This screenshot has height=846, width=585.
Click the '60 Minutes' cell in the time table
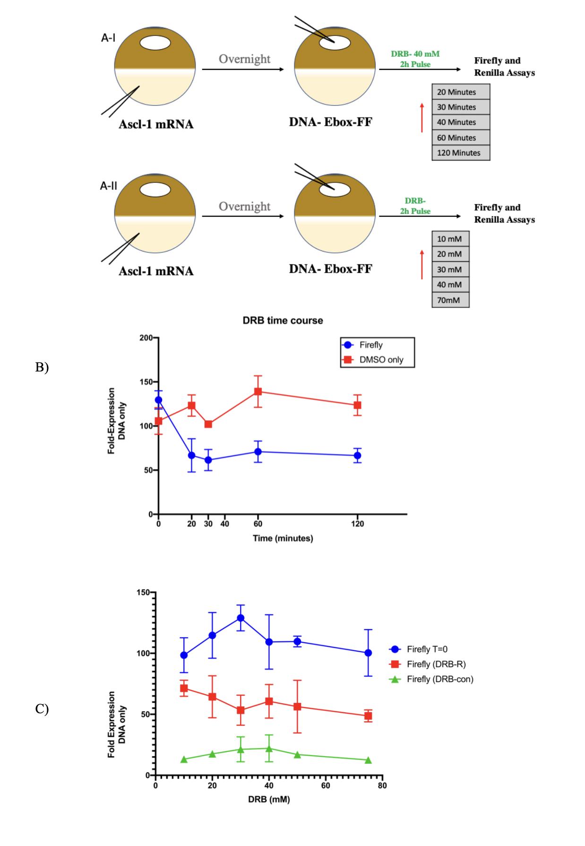coord(461,138)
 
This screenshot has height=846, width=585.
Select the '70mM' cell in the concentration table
coord(450,300)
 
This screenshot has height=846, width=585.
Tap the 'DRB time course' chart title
coord(283,320)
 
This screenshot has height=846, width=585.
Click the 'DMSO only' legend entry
coord(381,360)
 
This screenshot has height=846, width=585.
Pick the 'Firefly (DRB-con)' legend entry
coord(439,679)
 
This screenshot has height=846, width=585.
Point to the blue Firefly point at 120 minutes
coord(357,456)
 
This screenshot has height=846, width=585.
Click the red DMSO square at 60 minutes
coord(258,391)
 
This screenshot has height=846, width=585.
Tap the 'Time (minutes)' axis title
coord(283,538)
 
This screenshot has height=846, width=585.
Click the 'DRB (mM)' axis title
coord(269,800)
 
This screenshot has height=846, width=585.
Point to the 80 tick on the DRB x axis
coord(382,786)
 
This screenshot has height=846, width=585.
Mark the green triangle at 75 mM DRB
coord(368,760)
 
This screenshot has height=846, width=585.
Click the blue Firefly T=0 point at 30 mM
coord(241,618)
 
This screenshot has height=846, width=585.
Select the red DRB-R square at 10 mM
coord(184,688)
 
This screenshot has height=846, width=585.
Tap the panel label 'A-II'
coord(108,186)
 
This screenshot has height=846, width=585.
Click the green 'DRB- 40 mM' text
coord(415,54)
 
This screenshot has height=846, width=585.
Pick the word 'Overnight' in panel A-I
coord(244,59)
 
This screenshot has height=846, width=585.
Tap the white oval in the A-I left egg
coord(155,43)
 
